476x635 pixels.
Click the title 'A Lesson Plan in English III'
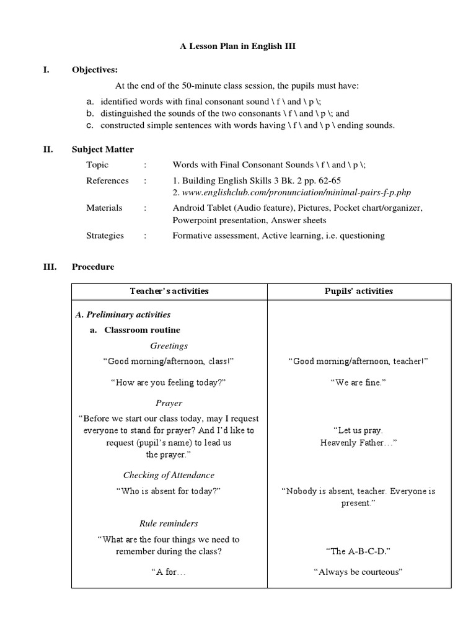238,46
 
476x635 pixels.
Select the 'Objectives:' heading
94,70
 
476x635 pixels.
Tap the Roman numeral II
46,149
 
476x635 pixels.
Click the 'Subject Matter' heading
102,149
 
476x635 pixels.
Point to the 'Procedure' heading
93,267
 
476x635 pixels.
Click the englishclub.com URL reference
291,193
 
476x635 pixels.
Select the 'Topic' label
97,165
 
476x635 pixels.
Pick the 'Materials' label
104,208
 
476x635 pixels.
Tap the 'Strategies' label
105,236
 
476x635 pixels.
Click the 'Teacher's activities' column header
169,291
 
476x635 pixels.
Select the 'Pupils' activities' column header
359,291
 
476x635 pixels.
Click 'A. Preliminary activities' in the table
123,314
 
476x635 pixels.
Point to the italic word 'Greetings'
169,345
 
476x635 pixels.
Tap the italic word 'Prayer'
169,403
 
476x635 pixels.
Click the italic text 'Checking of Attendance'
169,475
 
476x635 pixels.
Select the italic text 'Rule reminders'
169,523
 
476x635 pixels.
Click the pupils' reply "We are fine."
359,383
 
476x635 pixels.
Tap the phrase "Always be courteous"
359,572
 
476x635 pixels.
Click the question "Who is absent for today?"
169,491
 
